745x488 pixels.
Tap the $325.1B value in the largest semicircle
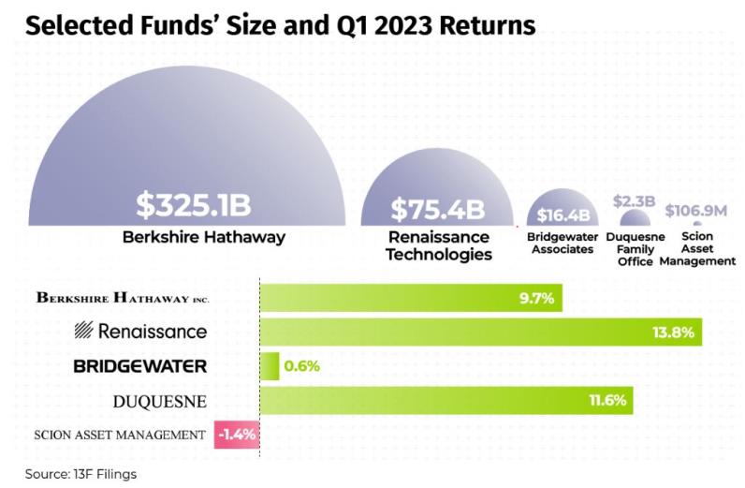tap(194, 203)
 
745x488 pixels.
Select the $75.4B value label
tap(438, 207)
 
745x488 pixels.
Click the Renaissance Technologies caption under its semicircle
tap(439, 245)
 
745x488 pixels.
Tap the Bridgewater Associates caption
tap(561, 244)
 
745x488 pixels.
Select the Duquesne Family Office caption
tap(635, 249)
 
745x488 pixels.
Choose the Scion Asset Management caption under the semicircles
tap(697, 249)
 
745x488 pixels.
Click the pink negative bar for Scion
tap(237, 435)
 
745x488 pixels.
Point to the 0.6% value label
tap(301, 366)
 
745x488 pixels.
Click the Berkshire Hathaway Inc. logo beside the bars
tap(123, 298)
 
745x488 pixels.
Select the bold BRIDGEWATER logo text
tap(140, 366)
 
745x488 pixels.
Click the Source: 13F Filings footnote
tap(80, 474)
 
